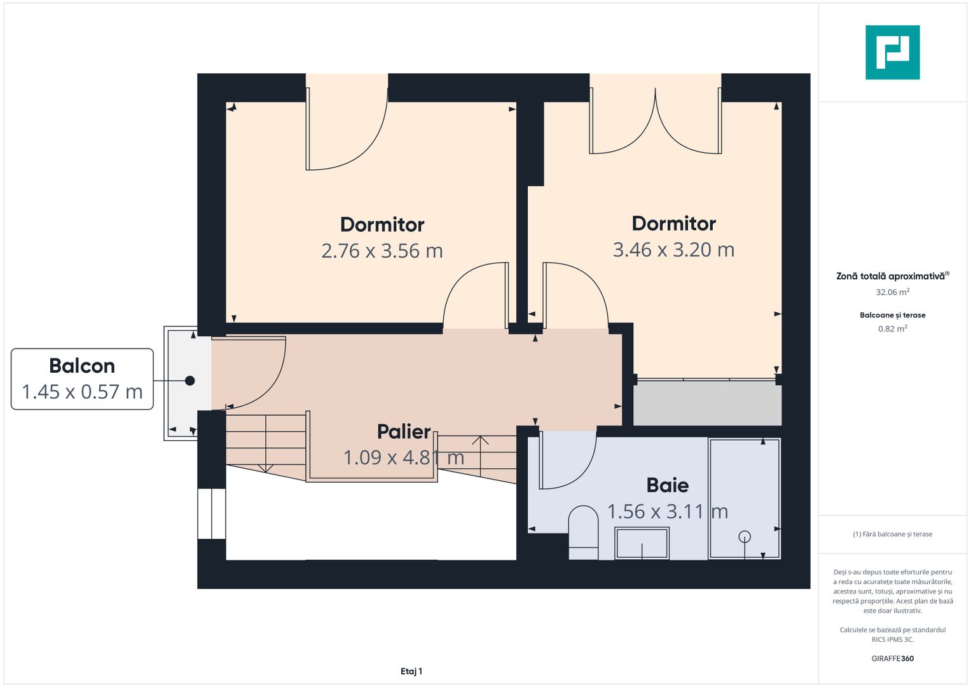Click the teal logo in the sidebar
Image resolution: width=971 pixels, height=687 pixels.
click(x=892, y=52)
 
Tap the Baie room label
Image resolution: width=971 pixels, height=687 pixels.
click(x=667, y=485)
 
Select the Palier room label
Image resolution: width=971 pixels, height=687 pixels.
click(x=404, y=431)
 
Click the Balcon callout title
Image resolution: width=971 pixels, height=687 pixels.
click(x=82, y=366)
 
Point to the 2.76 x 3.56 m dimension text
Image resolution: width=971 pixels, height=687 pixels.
click(x=382, y=251)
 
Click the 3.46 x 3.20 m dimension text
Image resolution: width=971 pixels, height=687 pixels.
click(x=673, y=250)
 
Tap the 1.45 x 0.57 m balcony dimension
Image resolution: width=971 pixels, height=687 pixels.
click(x=82, y=392)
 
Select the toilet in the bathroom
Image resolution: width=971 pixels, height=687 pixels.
click(x=584, y=532)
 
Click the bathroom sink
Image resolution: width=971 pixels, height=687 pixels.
click(x=642, y=543)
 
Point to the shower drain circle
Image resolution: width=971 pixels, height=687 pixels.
click(x=745, y=537)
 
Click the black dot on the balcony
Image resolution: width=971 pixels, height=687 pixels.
click(x=190, y=380)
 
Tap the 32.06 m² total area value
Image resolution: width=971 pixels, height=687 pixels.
click(x=893, y=292)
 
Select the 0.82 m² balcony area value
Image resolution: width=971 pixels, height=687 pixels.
click(x=893, y=328)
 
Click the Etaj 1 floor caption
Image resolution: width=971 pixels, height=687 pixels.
click(x=411, y=671)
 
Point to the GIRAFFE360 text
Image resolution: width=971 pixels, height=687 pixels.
click(x=893, y=658)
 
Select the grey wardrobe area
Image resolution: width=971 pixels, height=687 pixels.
click(x=708, y=403)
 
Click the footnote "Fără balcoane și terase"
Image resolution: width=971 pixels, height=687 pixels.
click(x=893, y=534)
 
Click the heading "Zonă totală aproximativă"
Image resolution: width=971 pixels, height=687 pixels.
click(x=890, y=276)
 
